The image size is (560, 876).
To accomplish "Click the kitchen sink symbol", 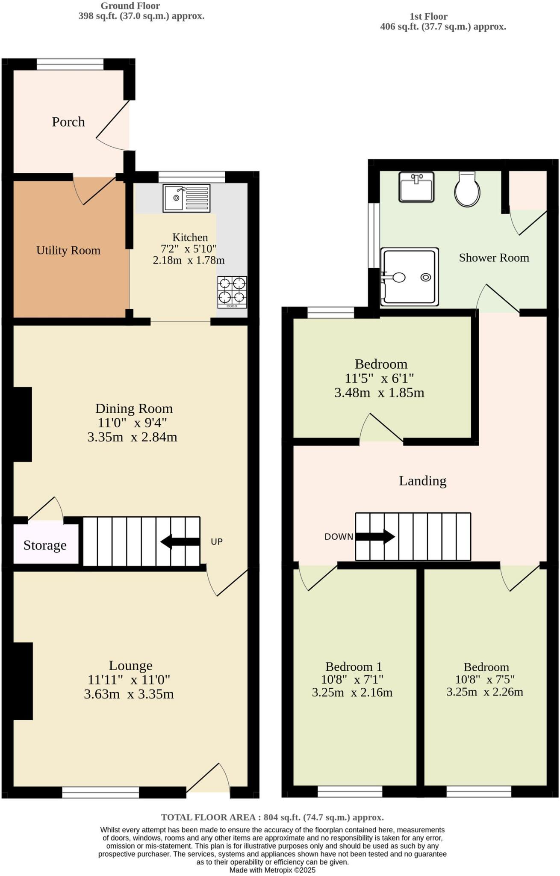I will pyautogui.click(x=186, y=198).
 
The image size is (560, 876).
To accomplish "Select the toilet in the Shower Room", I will pyautogui.click(x=467, y=189).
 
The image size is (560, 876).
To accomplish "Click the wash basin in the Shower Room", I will pyautogui.click(x=416, y=187).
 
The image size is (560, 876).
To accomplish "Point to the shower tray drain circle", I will pyautogui.click(x=425, y=277).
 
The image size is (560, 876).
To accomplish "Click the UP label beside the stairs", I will pyautogui.click(x=217, y=542).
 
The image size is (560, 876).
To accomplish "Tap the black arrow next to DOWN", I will pyautogui.click(x=375, y=536).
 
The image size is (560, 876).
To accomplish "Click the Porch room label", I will pyautogui.click(x=68, y=122).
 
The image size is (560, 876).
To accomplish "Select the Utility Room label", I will pyautogui.click(x=68, y=250).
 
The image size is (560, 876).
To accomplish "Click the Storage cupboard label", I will pyautogui.click(x=45, y=545).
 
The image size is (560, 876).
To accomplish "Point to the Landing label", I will pyautogui.click(x=422, y=481).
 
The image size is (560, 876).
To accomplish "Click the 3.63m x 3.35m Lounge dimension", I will pyautogui.click(x=129, y=694).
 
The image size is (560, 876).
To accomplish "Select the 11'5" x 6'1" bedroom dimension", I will pyautogui.click(x=379, y=378).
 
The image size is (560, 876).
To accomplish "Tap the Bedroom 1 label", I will pyautogui.click(x=354, y=666).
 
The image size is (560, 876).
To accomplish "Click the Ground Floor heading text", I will pyautogui.click(x=130, y=6).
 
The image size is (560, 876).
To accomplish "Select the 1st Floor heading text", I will pyautogui.click(x=428, y=16).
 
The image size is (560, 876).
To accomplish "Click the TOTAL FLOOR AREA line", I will pyautogui.click(x=272, y=817).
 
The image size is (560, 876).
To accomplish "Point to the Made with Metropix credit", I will pyautogui.click(x=272, y=870).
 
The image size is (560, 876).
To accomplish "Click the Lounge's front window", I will pyautogui.click(x=100, y=793).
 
